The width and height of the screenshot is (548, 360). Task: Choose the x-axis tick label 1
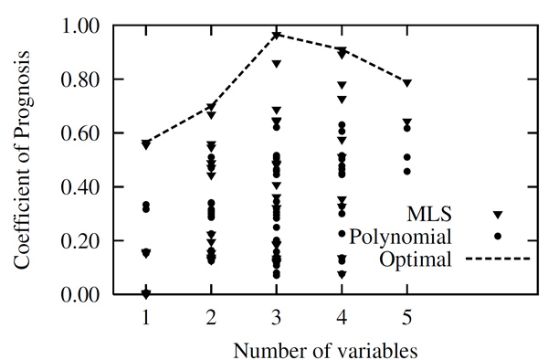pyautogui.click(x=146, y=316)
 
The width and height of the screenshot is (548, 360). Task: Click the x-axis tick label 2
pyautogui.click(x=211, y=316)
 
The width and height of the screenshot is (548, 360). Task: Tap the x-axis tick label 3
pyautogui.click(x=277, y=316)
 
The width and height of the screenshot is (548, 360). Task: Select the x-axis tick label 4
pyautogui.click(x=342, y=316)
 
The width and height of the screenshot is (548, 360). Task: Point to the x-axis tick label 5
pyautogui.click(x=407, y=316)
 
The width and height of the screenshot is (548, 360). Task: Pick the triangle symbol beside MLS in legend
pyautogui.click(x=499, y=215)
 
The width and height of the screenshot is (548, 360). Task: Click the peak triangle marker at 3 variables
pyautogui.click(x=277, y=35)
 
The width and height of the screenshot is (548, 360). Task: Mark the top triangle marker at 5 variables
pyautogui.click(x=407, y=83)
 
